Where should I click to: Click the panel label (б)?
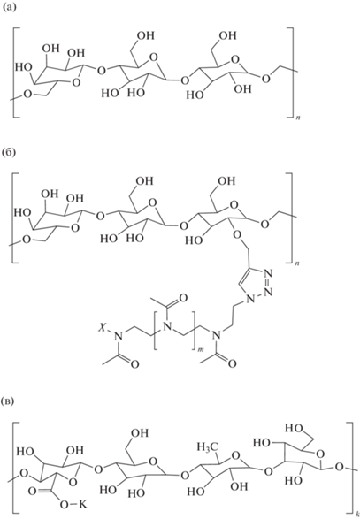click(x=9, y=155)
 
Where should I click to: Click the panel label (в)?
click(x=9, y=401)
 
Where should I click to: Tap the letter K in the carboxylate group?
click(x=82, y=505)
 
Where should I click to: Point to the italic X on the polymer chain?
click(x=101, y=329)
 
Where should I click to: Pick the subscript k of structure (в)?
click(x=356, y=515)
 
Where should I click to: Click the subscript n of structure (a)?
click(x=299, y=118)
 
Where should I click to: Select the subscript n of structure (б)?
click(x=299, y=263)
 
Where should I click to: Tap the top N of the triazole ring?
click(x=268, y=274)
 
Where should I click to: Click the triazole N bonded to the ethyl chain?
click(x=251, y=300)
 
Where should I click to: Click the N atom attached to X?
click(x=117, y=337)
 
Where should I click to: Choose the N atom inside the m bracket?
click(x=168, y=327)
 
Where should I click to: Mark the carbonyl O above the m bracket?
click(x=183, y=298)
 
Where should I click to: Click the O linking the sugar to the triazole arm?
click(x=237, y=234)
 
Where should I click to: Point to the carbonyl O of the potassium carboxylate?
click(x=33, y=491)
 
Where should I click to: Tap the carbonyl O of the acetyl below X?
click(x=134, y=365)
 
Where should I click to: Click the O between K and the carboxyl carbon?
click(x=65, y=505)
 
